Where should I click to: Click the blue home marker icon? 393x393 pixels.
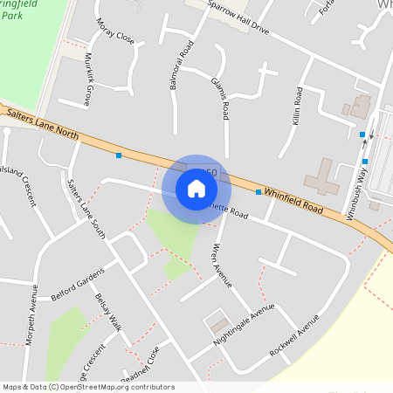point(196,189)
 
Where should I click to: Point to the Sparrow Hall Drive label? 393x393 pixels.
point(238,15)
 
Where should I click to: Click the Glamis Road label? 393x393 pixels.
point(221,97)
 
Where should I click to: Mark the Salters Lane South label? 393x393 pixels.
point(86,208)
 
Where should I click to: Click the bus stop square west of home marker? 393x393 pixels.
point(119,155)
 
